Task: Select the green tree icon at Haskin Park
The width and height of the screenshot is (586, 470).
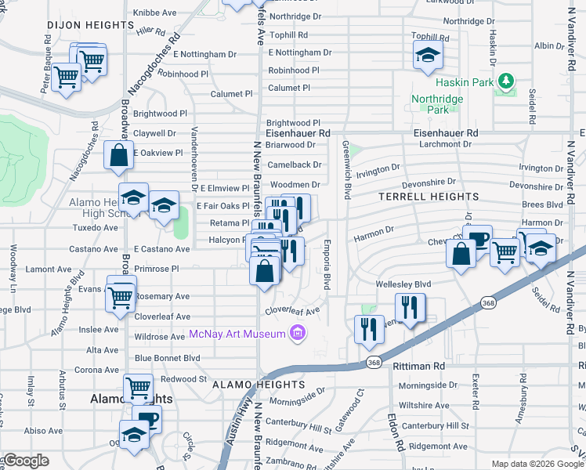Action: click(506, 81)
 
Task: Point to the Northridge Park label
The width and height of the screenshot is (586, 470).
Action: click(438, 105)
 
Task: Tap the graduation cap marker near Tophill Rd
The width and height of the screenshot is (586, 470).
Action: click(427, 55)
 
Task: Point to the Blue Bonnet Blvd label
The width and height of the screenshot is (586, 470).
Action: click(168, 358)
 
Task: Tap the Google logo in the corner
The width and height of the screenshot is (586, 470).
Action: click(27, 461)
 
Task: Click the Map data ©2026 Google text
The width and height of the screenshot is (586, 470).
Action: click(537, 464)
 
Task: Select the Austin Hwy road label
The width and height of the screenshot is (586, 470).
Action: click(240, 423)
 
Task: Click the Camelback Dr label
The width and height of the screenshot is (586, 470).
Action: click(294, 165)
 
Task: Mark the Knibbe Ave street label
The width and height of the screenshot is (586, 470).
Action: click(155, 13)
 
